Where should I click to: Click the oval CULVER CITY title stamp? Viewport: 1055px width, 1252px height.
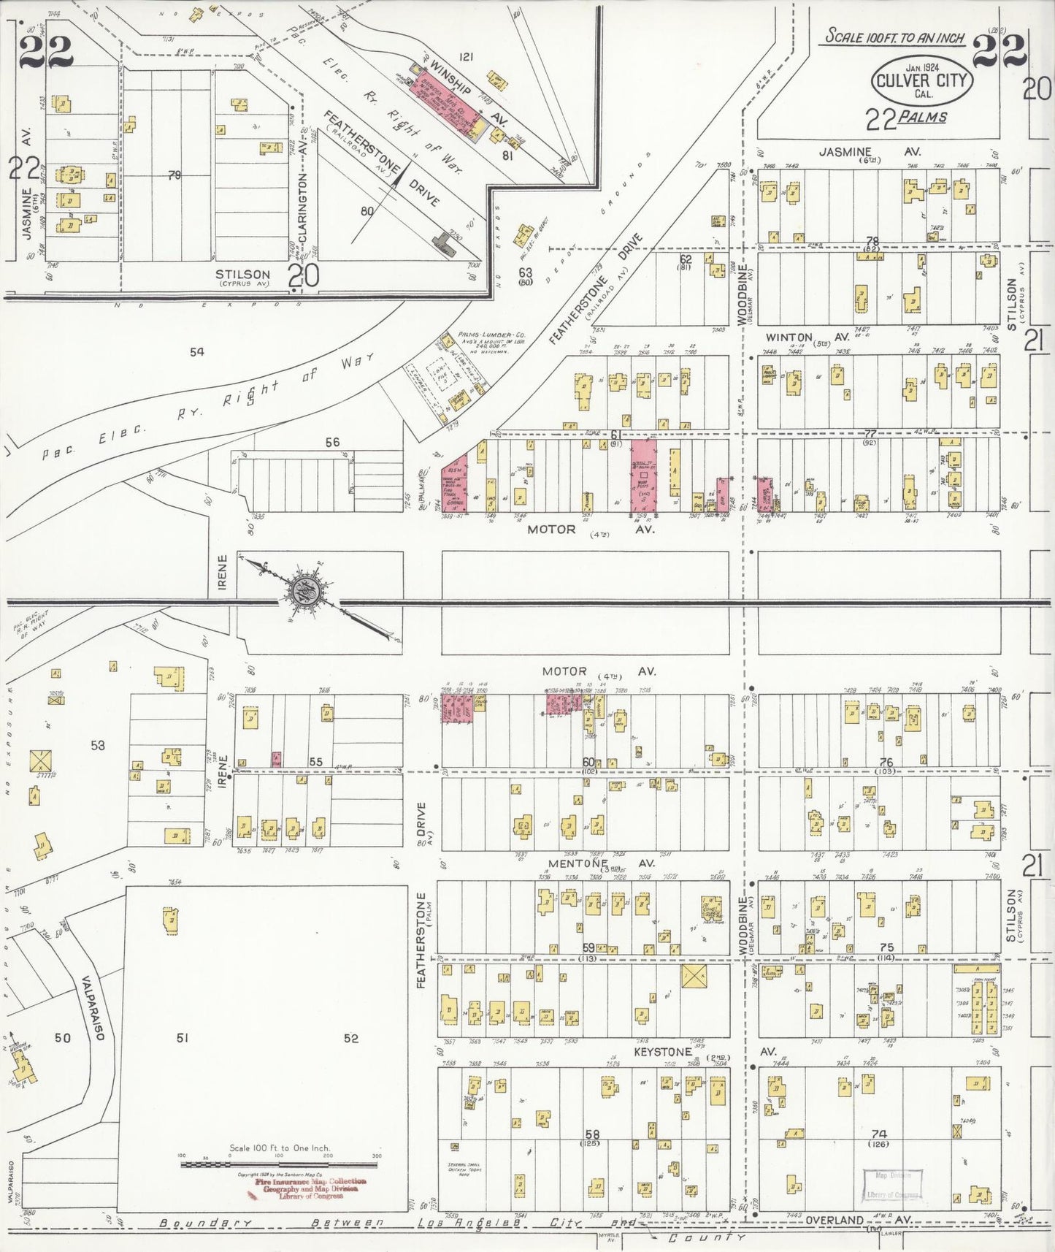[x=922, y=80]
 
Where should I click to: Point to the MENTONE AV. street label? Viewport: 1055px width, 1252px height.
[x=601, y=863]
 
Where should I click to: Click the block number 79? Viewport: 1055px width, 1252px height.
[x=174, y=175]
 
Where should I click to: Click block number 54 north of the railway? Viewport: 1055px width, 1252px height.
[x=196, y=352]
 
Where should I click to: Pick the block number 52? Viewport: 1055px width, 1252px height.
[x=351, y=1038]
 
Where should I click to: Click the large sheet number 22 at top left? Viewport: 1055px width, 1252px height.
[x=45, y=51]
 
